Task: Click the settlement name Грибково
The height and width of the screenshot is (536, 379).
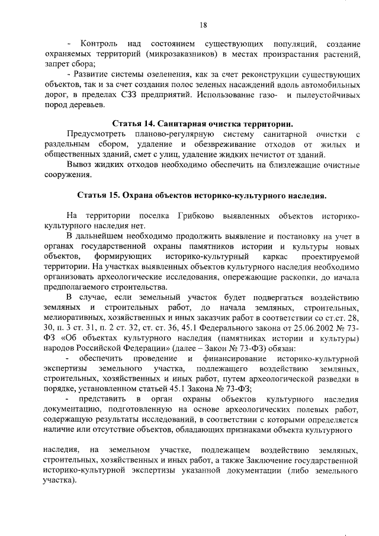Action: click(x=198, y=216)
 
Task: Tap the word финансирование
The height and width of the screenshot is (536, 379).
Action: click(x=230, y=359)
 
